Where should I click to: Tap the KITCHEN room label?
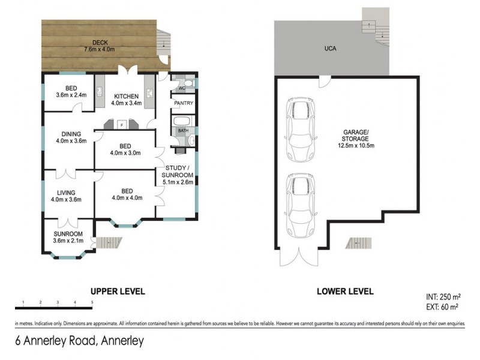pyautogui.click(x=127, y=100)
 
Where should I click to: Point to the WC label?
pyautogui.click(x=182, y=88)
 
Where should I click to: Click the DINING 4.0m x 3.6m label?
pyautogui.click(x=71, y=137)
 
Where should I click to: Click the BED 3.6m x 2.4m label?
pyautogui.click(x=71, y=91)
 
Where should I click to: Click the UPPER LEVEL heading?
pyautogui.click(x=117, y=292)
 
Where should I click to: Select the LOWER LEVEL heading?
pyautogui.click(x=345, y=292)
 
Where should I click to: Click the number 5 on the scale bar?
pyautogui.click(x=92, y=302)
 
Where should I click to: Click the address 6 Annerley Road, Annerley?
pyautogui.click(x=79, y=342)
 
